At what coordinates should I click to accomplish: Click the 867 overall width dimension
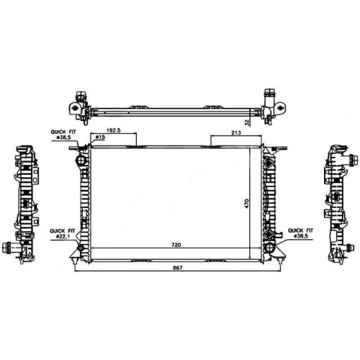(177, 268)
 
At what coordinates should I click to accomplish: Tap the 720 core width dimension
(176, 245)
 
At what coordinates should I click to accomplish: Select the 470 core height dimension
(248, 203)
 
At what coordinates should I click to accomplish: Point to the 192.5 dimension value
(113, 130)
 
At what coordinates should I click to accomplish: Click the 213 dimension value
(236, 132)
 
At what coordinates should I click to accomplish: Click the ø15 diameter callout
(100, 137)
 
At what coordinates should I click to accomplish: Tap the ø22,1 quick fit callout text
(63, 236)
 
